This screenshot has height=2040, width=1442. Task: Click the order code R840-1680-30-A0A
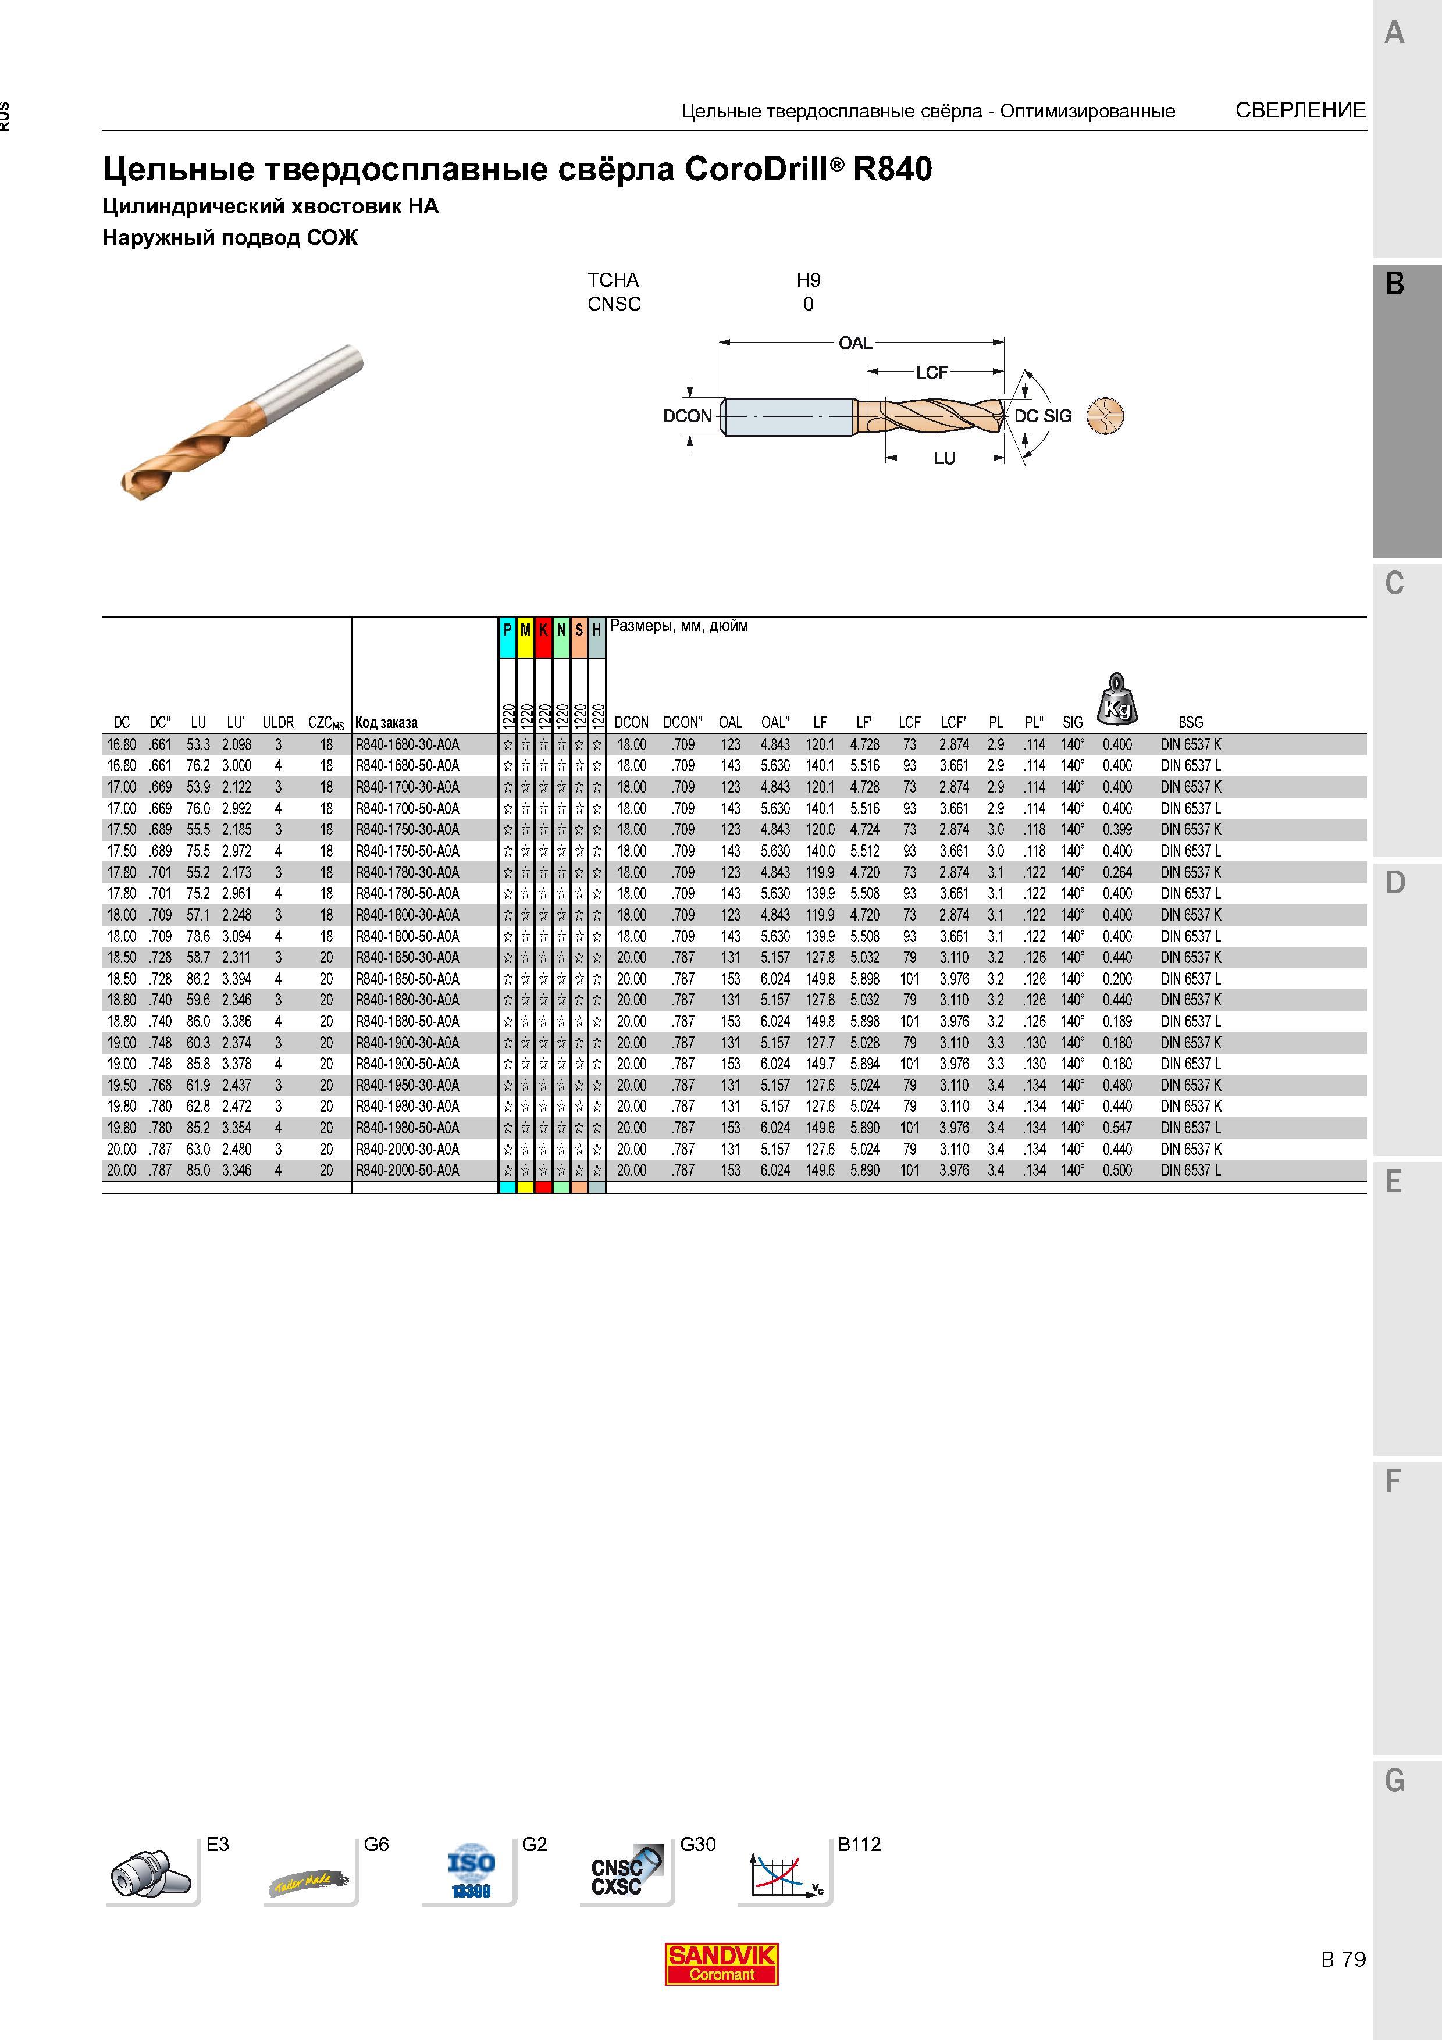(x=407, y=744)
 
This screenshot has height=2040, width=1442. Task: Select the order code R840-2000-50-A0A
(x=407, y=1170)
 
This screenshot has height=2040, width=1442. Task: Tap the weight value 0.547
(x=1117, y=1128)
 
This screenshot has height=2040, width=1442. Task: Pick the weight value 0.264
(x=1117, y=872)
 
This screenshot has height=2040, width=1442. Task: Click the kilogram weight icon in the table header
(x=1117, y=699)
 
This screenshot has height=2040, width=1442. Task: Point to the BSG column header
(x=1191, y=722)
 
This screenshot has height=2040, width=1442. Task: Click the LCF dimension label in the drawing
(x=931, y=372)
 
